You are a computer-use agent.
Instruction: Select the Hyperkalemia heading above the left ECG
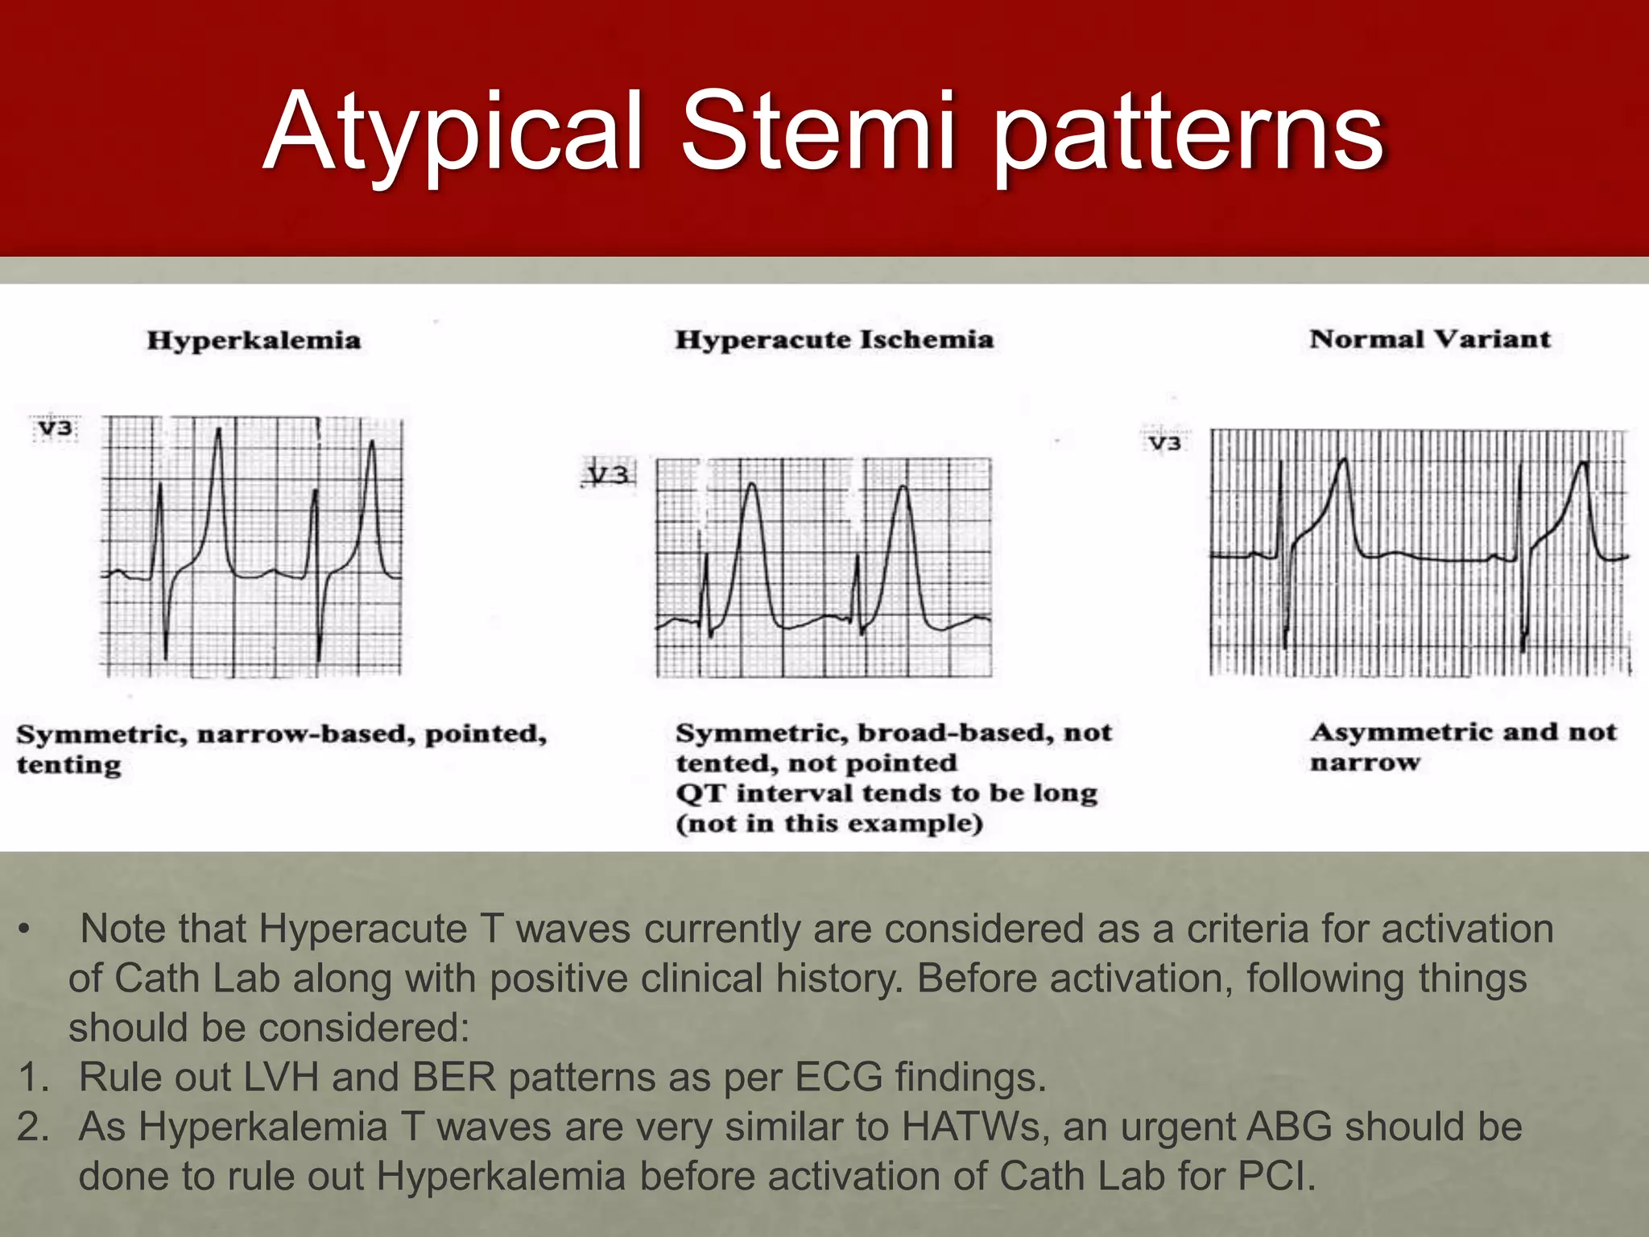click(x=254, y=340)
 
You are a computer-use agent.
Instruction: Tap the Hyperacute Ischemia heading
click(x=834, y=340)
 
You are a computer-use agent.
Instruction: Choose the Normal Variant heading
click(x=1430, y=339)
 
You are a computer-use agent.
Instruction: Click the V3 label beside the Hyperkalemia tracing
click(x=56, y=428)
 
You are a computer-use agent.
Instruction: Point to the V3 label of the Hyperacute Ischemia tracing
click(x=608, y=475)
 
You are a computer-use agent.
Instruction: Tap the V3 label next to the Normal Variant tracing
click(x=1164, y=443)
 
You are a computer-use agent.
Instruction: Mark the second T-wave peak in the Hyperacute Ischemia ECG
click(x=903, y=488)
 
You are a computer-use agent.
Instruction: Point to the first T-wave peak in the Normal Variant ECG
click(x=1342, y=461)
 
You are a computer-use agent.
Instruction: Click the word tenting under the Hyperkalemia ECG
click(x=69, y=764)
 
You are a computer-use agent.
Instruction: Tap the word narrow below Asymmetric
click(x=1365, y=762)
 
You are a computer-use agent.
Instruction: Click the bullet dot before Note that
click(x=25, y=930)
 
